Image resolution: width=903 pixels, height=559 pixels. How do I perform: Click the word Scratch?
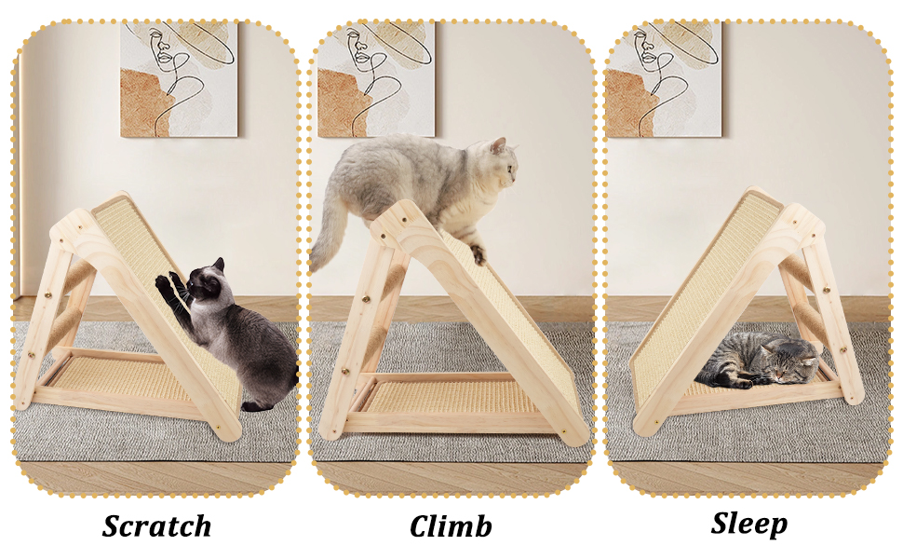156,525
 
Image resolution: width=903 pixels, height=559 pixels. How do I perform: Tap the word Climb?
451,525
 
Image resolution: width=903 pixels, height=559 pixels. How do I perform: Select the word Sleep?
748,524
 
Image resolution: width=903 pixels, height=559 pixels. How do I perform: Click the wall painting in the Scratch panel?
179,79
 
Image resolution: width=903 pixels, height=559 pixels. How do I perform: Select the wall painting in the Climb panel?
376,79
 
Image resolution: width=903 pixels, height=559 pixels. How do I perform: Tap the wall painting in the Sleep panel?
664,79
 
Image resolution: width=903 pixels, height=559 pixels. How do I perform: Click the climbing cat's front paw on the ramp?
478,254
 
